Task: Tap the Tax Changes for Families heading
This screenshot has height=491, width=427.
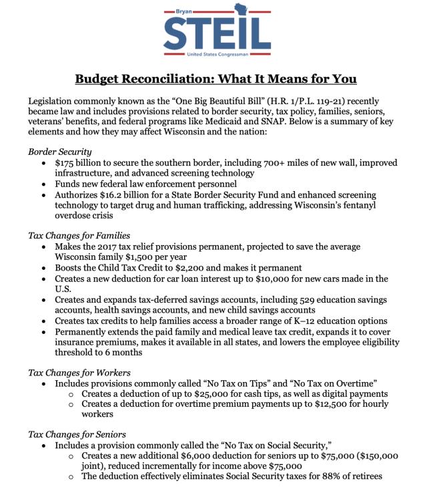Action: pyautogui.click(x=79, y=236)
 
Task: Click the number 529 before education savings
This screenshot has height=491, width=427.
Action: pyautogui.click(x=316, y=300)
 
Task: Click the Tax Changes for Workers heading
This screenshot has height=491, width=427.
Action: pyautogui.click(x=79, y=373)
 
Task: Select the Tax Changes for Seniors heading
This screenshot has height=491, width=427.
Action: pyautogui.click(x=77, y=434)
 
